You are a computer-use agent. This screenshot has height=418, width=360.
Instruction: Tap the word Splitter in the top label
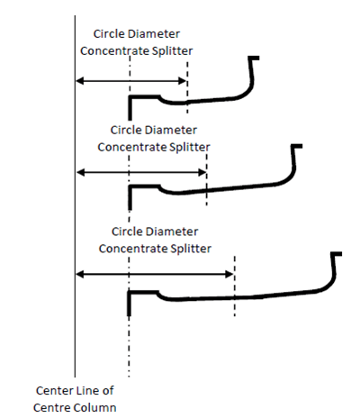(172, 51)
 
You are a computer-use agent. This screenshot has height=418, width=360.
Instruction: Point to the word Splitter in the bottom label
(191, 249)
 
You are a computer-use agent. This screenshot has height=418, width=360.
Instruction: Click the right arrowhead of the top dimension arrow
(183, 81)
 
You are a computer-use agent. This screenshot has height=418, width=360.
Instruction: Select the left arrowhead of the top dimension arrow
(79, 81)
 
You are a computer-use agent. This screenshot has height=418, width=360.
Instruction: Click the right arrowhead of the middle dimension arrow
(202, 172)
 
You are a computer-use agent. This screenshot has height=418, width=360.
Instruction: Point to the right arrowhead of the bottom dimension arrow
(229, 274)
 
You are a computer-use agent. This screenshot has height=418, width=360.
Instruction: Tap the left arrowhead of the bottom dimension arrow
(80, 274)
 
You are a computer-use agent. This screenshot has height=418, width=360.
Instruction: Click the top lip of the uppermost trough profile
(254, 58)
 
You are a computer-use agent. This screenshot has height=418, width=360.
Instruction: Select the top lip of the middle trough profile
(296, 146)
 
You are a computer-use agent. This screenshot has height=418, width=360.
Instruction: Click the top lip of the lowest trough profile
(337, 254)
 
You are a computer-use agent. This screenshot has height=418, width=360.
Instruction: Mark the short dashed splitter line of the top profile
(187, 87)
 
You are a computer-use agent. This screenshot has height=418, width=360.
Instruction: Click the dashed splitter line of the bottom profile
(235, 286)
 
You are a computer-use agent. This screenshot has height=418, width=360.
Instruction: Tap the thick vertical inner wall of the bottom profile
(129, 304)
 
